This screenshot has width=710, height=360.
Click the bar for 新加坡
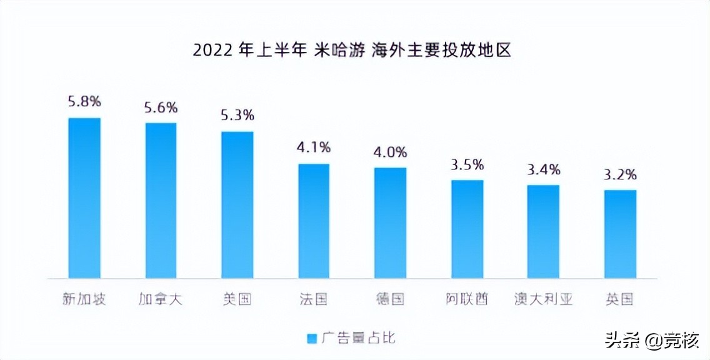[84, 197]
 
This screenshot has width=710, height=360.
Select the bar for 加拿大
[161, 200]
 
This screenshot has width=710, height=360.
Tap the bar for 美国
[237, 204]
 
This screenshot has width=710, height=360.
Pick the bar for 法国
[314, 221]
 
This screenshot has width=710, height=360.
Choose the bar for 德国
[391, 222]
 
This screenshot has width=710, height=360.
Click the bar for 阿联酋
[467, 229]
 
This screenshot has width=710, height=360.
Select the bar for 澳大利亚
[543, 231]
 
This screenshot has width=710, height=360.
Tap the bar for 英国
[620, 234]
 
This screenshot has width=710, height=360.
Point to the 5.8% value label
[84, 102]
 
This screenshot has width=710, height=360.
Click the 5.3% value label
[237, 116]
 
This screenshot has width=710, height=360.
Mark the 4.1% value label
[314, 148]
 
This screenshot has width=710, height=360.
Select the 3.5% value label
[467, 165]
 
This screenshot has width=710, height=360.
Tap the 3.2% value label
[620, 174]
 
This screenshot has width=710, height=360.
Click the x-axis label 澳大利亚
[543, 299]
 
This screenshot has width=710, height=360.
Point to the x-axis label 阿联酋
[467, 299]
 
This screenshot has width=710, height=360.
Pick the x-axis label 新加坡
[84, 299]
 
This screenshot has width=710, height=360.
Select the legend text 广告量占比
[359, 339]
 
